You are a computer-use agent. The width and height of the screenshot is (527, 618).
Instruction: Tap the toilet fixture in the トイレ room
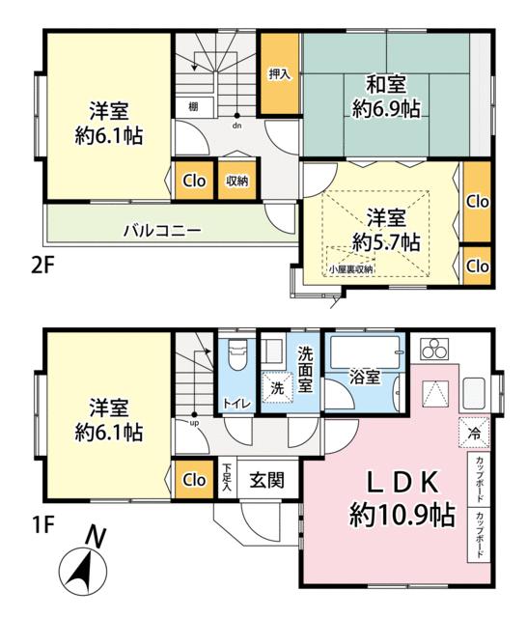(236, 354)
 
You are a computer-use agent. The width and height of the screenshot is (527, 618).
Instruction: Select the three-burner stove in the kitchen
(434, 349)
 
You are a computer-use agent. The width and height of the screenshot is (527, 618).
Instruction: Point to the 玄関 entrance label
(266, 480)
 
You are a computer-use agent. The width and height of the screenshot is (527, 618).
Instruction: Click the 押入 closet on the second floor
(279, 74)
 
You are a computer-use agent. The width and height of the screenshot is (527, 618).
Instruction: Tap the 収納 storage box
(237, 181)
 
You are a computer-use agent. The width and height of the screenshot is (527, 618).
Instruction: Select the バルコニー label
(162, 230)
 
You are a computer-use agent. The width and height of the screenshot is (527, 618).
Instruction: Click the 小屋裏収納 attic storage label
(351, 269)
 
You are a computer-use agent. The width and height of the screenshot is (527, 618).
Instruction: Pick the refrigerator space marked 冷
(474, 433)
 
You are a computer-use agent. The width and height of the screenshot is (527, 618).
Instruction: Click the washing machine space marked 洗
(277, 387)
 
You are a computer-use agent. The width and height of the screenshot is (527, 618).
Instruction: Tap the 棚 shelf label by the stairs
(193, 106)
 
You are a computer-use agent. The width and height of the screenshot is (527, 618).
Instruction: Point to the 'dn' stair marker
(236, 126)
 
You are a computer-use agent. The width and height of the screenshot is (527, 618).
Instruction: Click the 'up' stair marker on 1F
(195, 423)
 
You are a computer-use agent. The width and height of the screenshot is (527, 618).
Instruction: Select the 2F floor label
(42, 267)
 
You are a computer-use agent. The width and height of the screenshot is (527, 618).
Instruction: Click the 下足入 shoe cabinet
(227, 477)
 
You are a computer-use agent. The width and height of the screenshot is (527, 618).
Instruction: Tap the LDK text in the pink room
(402, 482)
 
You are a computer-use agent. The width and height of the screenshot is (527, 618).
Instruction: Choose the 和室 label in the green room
(386, 84)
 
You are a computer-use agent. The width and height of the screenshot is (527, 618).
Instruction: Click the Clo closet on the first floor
(195, 480)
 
